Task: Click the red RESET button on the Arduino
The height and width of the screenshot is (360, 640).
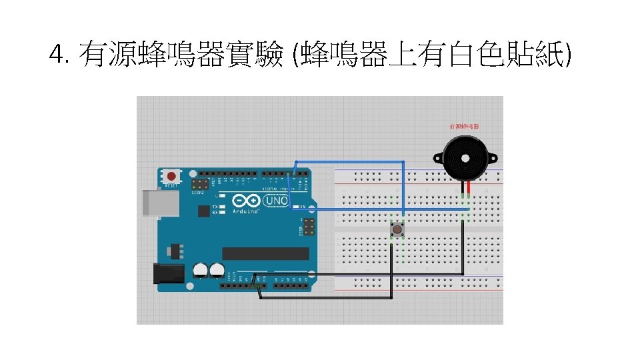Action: point(172,177)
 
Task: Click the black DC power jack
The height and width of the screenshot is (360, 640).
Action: point(169,273)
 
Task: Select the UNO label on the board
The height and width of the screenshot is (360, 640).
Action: point(276,200)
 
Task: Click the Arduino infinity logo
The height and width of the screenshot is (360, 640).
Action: point(245,200)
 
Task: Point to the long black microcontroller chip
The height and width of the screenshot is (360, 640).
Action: point(265,253)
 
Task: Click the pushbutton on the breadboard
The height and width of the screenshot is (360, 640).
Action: point(397,230)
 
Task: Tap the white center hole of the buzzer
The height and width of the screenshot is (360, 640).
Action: point(465,157)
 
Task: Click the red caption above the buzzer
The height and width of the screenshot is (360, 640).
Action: point(465,126)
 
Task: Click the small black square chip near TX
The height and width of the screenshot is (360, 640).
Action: point(203,211)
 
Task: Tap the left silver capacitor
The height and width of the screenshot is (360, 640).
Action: point(200,270)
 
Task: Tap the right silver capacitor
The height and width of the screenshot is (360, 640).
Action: point(216,270)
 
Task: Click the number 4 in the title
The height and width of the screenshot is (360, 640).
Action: point(57,53)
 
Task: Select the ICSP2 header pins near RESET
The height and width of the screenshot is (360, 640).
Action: point(199,183)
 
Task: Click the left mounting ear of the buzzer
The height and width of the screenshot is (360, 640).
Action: point(438,159)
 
